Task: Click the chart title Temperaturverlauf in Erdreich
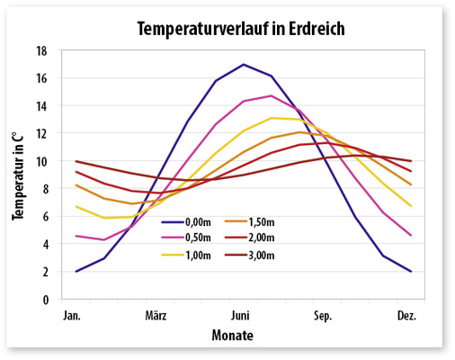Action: pos(240,28)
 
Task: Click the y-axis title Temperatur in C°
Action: pos(17,175)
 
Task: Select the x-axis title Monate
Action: pos(232,336)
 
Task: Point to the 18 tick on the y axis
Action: pos(41,50)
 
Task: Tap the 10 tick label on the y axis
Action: pos(41,161)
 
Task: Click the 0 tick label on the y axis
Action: pos(44,300)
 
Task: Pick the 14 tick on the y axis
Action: pos(41,106)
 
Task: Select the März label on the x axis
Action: pos(157,316)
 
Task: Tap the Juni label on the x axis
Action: pos(240,316)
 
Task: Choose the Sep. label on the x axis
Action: pos(324,316)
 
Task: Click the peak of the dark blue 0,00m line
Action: pos(243,64)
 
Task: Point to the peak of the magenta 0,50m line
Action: pos(271,95)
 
